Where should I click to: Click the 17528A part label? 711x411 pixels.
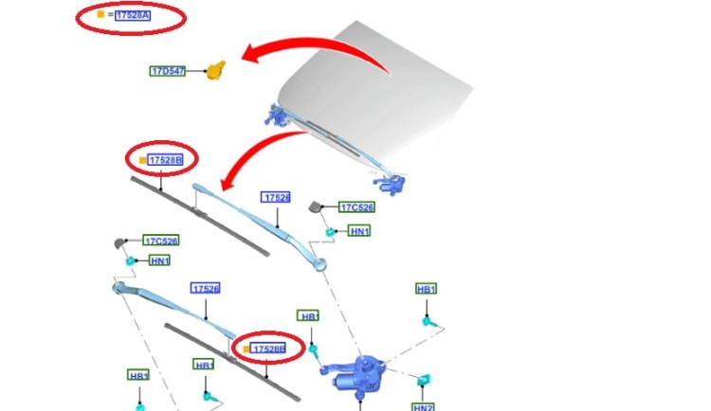coord(133,15)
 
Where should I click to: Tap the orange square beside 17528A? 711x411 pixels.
coord(100,14)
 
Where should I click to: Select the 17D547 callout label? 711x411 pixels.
coord(167,71)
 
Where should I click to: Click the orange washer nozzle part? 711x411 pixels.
coord(216,71)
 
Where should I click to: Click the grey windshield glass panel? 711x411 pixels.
coord(376,91)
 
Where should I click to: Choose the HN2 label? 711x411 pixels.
coord(423,407)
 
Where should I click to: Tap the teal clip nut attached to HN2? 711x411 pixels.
coord(424,380)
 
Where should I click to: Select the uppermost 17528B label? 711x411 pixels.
coord(166,160)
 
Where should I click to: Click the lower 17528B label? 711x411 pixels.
coord(268,348)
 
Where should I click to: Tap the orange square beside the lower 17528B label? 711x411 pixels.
coord(246,348)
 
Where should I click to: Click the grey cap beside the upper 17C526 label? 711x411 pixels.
coord(315,207)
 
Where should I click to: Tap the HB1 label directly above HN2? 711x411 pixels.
coord(427,289)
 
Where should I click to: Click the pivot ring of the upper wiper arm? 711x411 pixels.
coord(319,263)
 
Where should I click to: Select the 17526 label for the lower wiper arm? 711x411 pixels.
coord(206,288)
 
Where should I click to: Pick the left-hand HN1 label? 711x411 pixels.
coord(159,260)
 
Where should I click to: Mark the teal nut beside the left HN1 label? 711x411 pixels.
coord(131,260)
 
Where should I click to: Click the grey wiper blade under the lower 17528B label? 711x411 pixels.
coord(232,363)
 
